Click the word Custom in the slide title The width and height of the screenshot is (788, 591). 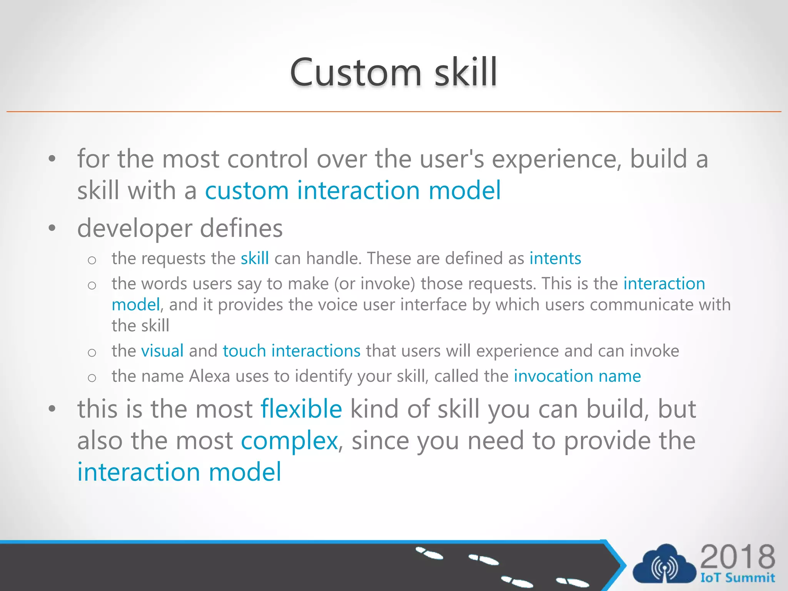(356, 72)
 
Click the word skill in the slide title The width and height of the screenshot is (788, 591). (466, 72)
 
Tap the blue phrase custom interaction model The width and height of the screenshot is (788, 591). (352, 190)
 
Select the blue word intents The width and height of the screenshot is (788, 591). (555, 259)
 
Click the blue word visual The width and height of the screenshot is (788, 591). (162, 351)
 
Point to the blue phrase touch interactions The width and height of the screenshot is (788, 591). (291, 351)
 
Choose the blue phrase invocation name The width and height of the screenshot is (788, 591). (577, 376)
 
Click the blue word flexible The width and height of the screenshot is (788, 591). (301, 409)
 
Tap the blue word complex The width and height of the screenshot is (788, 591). (289, 441)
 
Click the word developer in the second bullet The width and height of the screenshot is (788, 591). (134, 229)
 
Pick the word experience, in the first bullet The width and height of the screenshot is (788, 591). (556, 159)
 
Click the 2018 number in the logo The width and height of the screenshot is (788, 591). (737, 557)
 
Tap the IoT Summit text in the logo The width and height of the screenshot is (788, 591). (737, 578)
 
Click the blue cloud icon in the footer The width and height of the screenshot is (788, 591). (664, 564)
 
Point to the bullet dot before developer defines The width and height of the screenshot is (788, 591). (52, 229)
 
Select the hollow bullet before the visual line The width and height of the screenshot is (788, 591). (92, 352)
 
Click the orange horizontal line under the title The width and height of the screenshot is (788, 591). (394, 112)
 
